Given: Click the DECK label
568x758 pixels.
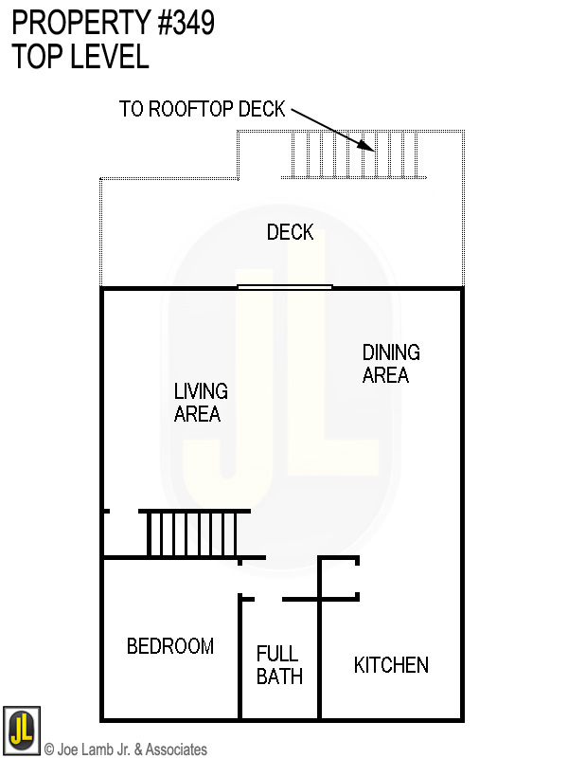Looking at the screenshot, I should (x=290, y=232).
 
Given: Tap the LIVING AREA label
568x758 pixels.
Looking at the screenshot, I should (x=200, y=402).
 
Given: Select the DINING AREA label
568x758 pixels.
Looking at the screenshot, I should (x=390, y=364).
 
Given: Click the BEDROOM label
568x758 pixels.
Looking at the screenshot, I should (x=170, y=646).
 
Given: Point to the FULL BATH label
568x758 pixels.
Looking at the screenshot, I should (x=279, y=665).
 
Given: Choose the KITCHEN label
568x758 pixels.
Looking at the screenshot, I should (x=391, y=665).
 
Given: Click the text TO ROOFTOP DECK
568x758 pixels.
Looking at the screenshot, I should (x=202, y=109).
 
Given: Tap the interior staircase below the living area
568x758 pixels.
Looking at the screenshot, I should (x=194, y=534).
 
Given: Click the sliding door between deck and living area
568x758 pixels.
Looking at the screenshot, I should (x=284, y=286).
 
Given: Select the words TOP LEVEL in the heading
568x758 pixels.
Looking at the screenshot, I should (x=80, y=57).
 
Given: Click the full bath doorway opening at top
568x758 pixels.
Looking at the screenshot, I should (x=269, y=599).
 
